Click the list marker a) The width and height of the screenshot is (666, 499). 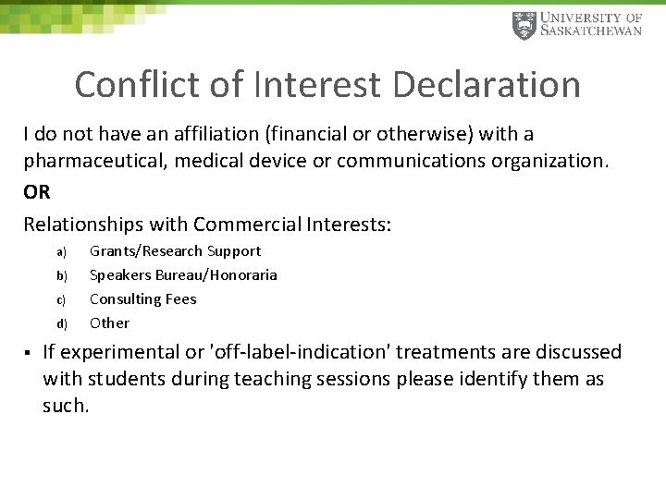tap(61, 251)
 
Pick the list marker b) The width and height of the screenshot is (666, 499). tap(61, 275)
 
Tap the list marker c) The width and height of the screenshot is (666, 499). tap(61, 299)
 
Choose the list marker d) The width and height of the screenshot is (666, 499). tap(61, 323)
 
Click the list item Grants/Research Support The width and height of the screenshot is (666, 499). tap(175, 251)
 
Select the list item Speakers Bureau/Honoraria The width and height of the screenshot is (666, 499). tap(183, 275)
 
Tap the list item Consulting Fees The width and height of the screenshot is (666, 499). tap(142, 299)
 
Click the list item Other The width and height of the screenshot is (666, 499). tap(109, 323)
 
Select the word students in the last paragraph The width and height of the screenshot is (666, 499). tap(127, 379)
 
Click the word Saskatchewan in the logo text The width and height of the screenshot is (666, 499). tap(591, 32)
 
